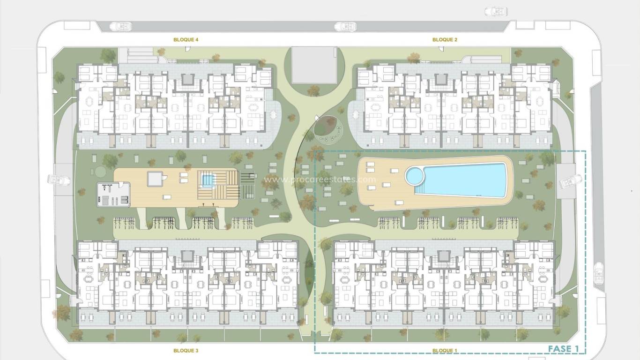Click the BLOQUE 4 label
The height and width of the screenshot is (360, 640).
[x=186, y=40]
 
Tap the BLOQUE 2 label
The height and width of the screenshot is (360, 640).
[x=445, y=40]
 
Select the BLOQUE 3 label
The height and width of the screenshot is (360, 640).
[x=186, y=350]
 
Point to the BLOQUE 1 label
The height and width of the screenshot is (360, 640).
[x=443, y=350]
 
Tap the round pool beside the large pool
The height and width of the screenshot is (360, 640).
[x=414, y=176]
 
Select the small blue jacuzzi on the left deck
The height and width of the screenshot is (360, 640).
[x=207, y=179]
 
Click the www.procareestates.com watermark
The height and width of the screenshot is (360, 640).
[x=320, y=179]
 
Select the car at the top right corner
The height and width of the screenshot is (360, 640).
[x=496, y=11]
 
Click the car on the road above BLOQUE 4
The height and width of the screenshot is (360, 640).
[x=120, y=26]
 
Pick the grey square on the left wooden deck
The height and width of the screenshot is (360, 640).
[x=155, y=179]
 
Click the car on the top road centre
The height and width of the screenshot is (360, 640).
[x=345, y=27]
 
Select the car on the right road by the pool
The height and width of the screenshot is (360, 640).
[x=570, y=180]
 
